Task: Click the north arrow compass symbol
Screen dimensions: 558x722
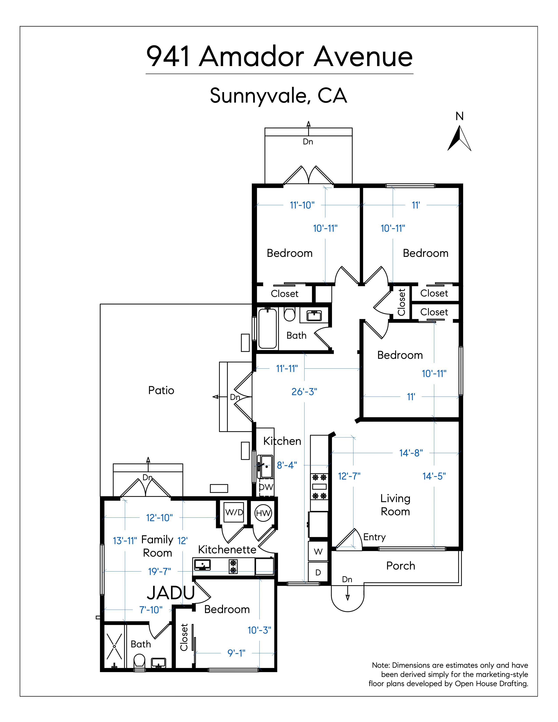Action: (459, 139)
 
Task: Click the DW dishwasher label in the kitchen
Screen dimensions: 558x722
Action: (266, 487)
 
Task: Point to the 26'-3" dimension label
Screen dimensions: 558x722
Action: (304, 392)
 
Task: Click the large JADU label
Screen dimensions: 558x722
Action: (171, 593)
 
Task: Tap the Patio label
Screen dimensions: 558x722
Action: (161, 390)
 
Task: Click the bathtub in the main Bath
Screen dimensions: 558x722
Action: (267, 328)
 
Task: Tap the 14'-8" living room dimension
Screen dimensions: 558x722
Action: (411, 453)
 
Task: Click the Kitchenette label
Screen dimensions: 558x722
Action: (227, 549)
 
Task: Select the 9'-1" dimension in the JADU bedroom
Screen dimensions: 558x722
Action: (236, 653)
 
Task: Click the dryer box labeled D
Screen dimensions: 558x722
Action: (318, 572)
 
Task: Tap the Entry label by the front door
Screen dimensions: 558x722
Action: (375, 537)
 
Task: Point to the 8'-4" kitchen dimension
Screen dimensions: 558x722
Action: (287, 465)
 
